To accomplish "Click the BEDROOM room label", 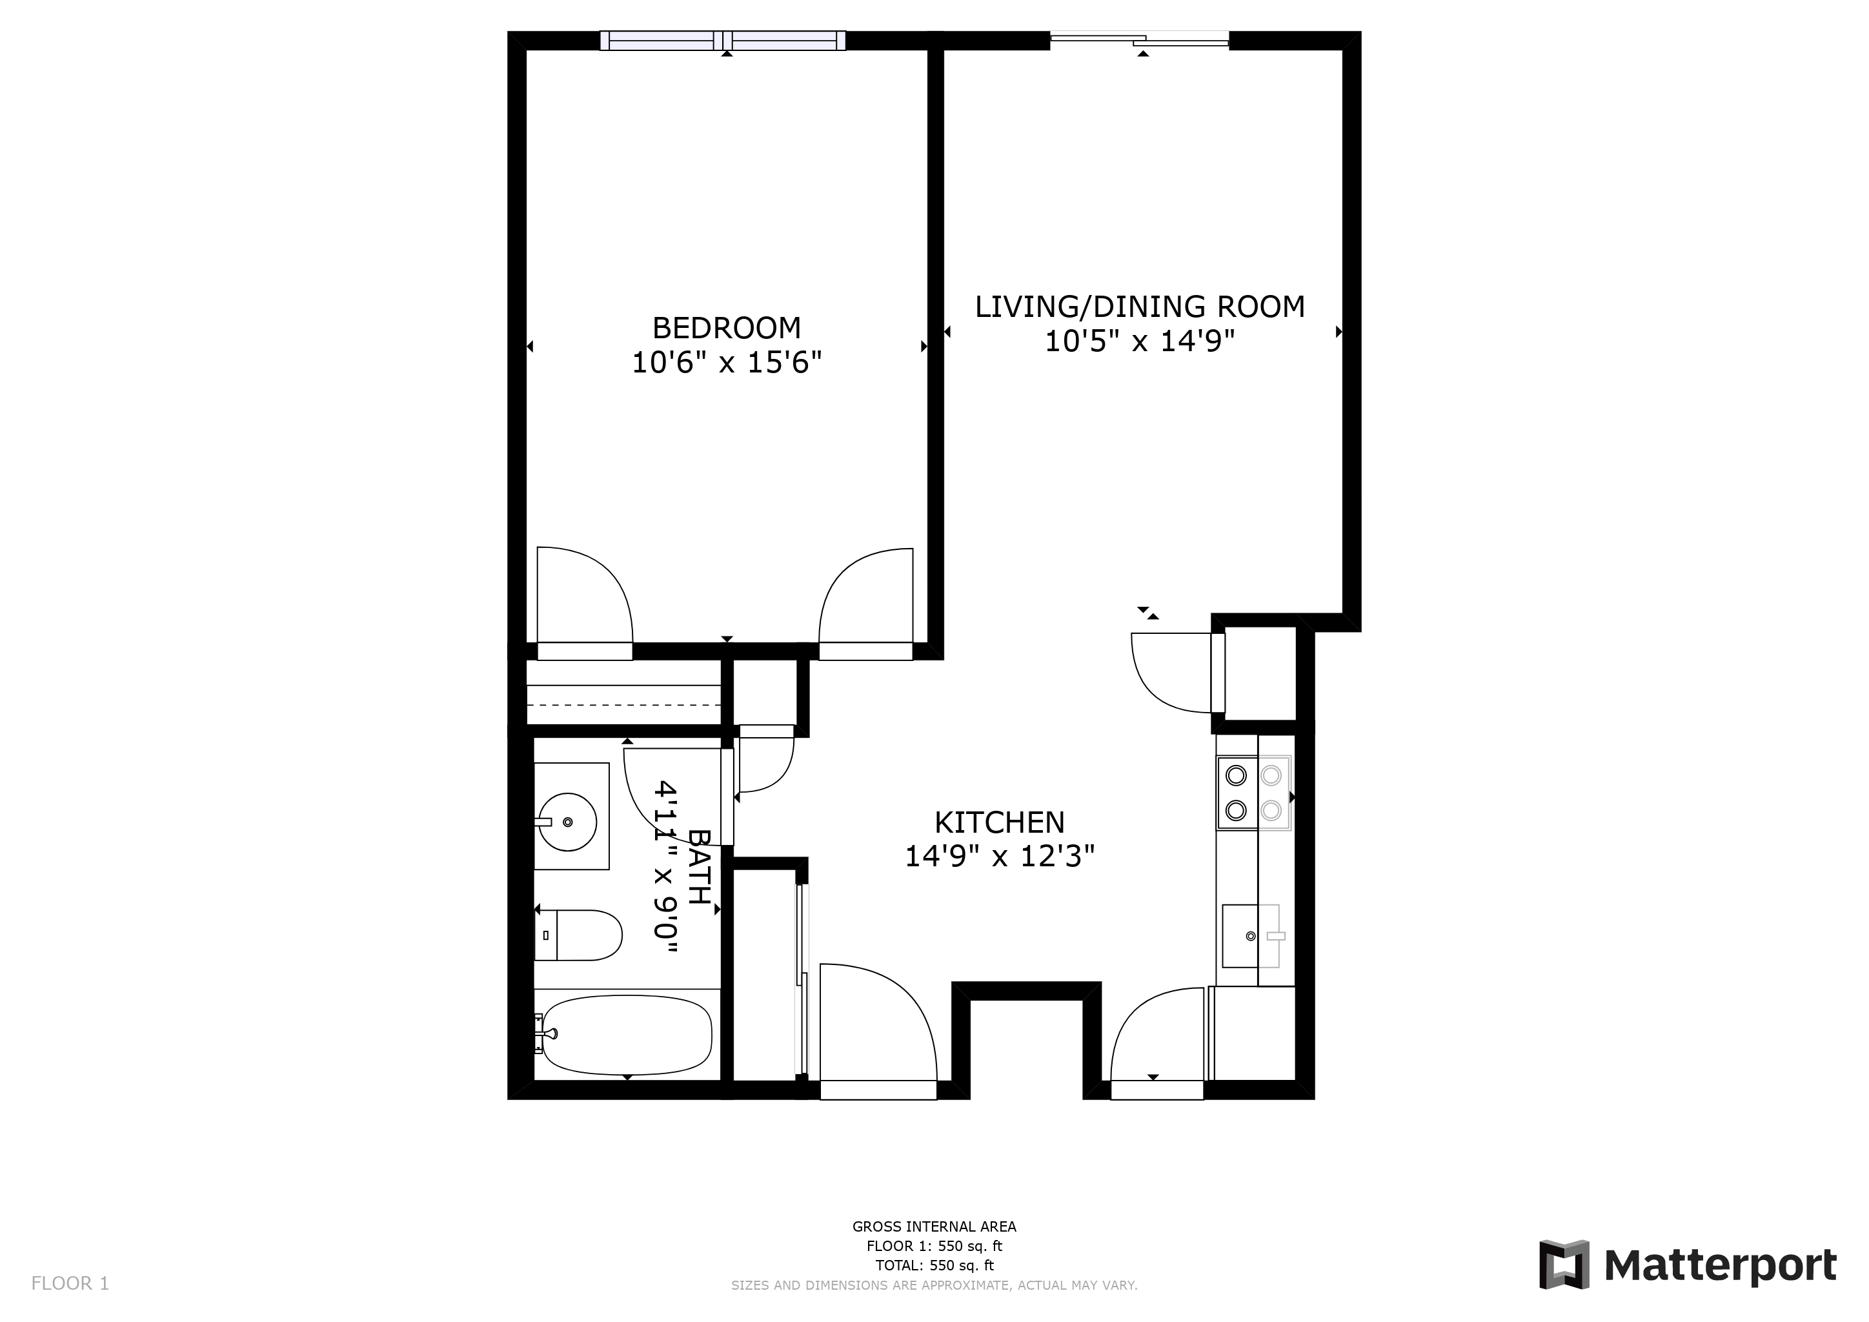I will [x=726, y=328].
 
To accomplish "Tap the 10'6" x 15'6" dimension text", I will [x=726, y=362].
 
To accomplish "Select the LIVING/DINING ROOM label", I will [x=1140, y=307].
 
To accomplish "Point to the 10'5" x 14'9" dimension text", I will [x=1140, y=341].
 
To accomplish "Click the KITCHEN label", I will [x=999, y=822].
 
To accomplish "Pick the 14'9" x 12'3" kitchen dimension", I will [x=999, y=857].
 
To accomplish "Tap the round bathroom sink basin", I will [x=567, y=822].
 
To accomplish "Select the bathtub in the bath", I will [x=626, y=1035].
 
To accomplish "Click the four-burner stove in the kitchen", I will [x=1253, y=793].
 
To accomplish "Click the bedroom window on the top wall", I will [x=723, y=40].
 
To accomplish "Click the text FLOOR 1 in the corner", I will [x=70, y=1284].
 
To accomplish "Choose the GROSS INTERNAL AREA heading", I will [x=934, y=1226].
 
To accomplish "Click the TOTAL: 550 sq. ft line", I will [x=934, y=1266].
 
